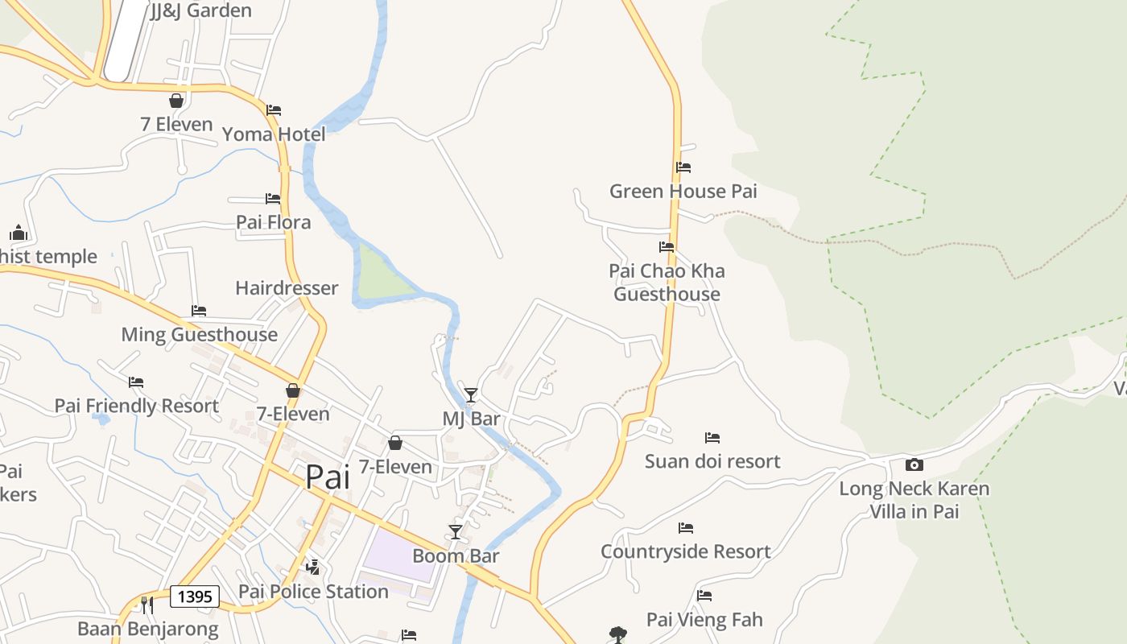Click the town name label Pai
[328, 477]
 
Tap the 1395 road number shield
[195, 597]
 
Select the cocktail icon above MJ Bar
[471, 394]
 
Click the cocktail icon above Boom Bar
[456, 532]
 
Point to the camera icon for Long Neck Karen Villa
[914, 464]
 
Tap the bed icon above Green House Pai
[683, 167]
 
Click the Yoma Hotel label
[274, 134]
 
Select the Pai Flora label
[273, 222]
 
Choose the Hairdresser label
[287, 288]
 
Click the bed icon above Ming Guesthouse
[199, 311]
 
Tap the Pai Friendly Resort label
[136, 406]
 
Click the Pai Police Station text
[313, 592]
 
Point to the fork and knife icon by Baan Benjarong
[147, 605]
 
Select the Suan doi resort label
[712, 461]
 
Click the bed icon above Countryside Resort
[686, 528]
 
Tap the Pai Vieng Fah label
[704, 620]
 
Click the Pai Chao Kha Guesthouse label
[667, 283]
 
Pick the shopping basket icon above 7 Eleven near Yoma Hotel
[176, 101]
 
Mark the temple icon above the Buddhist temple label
[19, 233]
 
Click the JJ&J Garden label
[201, 10]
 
